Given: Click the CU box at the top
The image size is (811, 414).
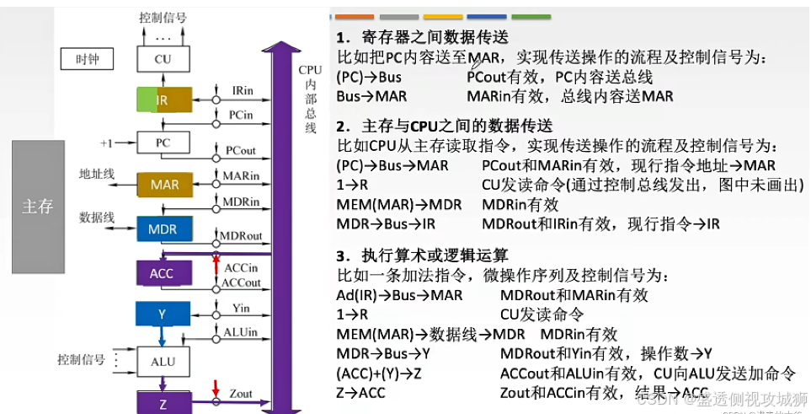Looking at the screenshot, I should pyautogui.click(x=163, y=60).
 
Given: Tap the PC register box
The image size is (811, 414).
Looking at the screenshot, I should pyautogui.click(x=163, y=143).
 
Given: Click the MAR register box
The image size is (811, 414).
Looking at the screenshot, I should pyautogui.click(x=164, y=184).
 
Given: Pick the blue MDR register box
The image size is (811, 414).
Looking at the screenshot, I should pyautogui.click(x=163, y=229).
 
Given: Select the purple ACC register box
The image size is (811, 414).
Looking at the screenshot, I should pyautogui.click(x=162, y=273).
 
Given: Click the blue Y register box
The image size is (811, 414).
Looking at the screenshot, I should pyautogui.click(x=163, y=315).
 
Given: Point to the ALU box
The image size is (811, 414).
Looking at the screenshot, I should pyautogui.click(x=163, y=361).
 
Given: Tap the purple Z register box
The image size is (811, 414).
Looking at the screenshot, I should pyautogui.click(x=163, y=404).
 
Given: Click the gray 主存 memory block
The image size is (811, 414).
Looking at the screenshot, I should pyautogui.click(x=38, y=207).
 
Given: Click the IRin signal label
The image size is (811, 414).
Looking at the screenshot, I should pyautogui.click(x=243, y=89).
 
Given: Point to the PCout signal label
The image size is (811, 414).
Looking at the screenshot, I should pyautogui.click(x=241, y=150).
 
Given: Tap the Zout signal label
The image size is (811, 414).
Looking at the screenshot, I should pyautogui.click(x=241, y=394).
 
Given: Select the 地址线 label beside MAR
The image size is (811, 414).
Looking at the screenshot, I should pyautogui.click(x=96, y=173).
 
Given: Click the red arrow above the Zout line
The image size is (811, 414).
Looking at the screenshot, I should pyautogui.click(x=216, y=388).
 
